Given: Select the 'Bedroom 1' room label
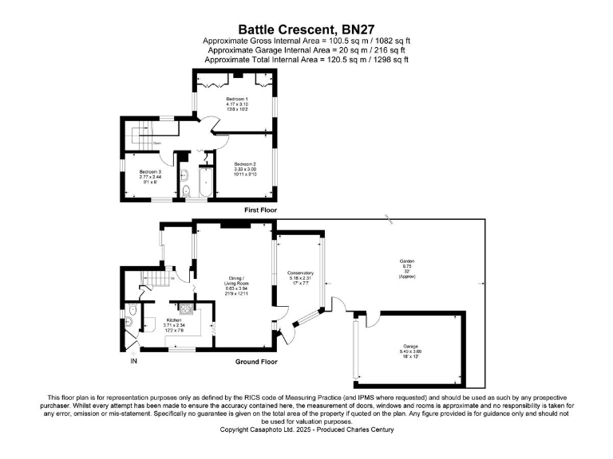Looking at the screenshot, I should click(237, 99).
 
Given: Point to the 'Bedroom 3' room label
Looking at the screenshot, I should click(150, 172).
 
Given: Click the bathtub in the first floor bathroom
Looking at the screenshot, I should click(204, 183).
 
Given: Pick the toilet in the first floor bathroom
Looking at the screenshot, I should click(185, 190).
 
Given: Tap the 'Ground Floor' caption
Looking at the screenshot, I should click(256, 361).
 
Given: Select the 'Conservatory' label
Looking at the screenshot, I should click(300, 273).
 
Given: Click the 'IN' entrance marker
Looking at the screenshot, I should click(134, 362).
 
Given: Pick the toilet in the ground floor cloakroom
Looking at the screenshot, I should click(131, 322).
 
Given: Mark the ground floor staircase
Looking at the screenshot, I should click(152, 280).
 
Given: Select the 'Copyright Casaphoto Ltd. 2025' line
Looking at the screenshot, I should click(306, 430).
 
